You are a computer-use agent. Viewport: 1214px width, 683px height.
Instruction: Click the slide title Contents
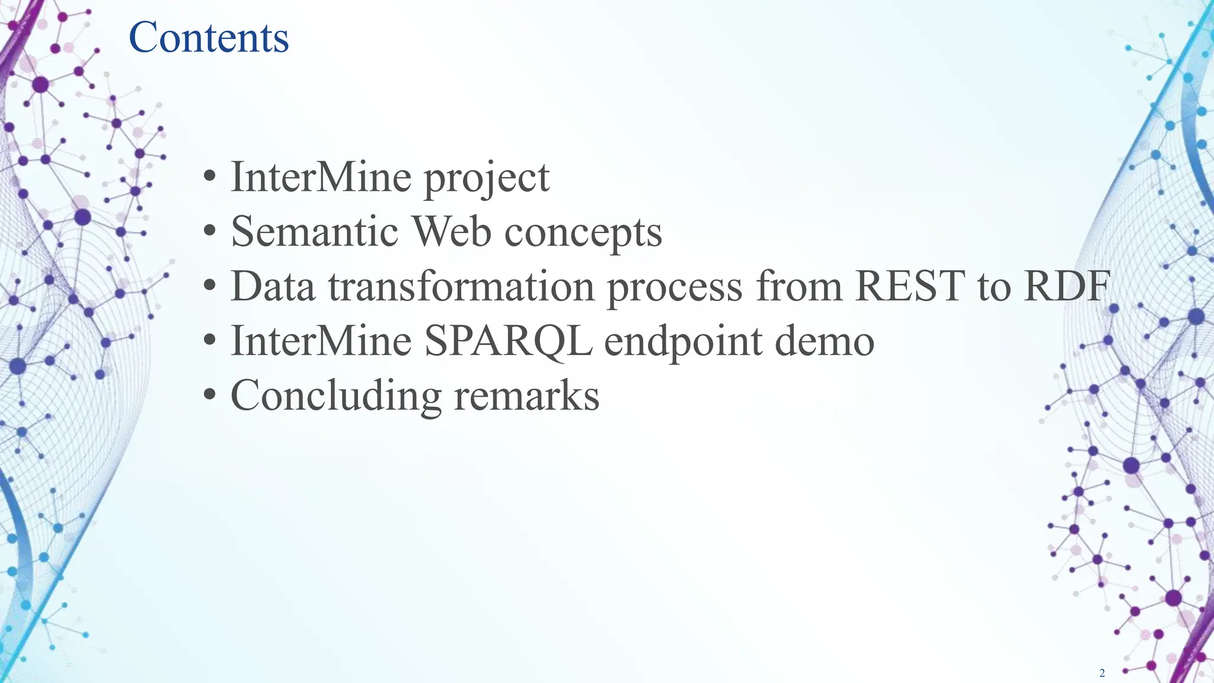point(209,37)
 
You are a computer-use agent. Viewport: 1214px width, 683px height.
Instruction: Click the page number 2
point(1102,672)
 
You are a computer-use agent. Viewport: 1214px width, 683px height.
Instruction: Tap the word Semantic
point(314,231)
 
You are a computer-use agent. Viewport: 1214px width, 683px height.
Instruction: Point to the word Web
point(451,231)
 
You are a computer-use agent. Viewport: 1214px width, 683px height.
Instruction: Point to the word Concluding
point(336,396)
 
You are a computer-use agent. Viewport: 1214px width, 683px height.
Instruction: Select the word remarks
point(526,395)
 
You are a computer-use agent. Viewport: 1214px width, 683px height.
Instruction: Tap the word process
point(674,287)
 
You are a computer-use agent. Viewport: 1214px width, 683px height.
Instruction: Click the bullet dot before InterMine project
point(209,177)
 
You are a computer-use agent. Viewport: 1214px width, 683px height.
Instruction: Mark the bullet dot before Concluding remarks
point(209,395)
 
